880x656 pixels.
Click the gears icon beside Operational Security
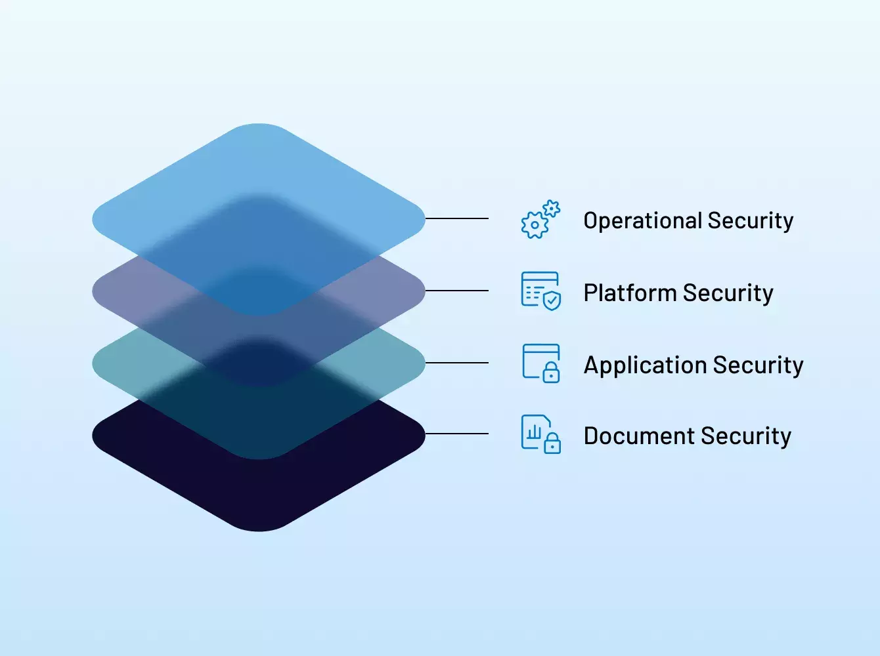[540, 220]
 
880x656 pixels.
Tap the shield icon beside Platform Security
[540, 291]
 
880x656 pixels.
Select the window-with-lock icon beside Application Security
[541, 363]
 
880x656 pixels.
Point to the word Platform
[630, 293]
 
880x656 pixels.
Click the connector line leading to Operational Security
[457, 218]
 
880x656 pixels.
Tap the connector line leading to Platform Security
[457, 291]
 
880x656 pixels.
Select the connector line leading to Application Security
[457, 363]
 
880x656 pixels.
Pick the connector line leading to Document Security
[457, 434]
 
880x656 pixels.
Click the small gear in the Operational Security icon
[552, 209]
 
